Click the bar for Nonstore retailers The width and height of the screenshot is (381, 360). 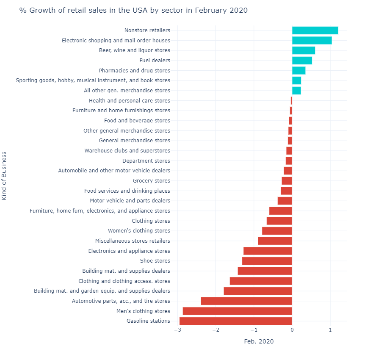point(315,30)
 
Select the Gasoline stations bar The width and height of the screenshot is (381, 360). point(236,321)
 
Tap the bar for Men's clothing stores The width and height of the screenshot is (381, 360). point(237,311)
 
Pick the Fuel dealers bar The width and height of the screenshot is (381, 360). point(302,61)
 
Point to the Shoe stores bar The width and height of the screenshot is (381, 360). point(267,261)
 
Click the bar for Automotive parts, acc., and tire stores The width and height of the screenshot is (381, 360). point(246,301)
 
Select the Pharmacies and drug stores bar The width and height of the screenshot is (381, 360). point(298,71)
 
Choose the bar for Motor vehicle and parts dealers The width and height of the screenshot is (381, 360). point(285,201)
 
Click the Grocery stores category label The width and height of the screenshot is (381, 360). point(151,181)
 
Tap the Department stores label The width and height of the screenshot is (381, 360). point(146,161)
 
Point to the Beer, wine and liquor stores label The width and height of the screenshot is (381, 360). point(134,50)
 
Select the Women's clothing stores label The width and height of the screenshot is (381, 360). point(139,231)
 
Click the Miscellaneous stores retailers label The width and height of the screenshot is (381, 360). point(133,241)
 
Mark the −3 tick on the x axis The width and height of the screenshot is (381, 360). point(177,330)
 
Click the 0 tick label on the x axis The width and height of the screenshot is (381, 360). point(292,330)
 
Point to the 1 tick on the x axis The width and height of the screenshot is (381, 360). point(330,330)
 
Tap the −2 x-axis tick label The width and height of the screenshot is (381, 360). point(215,330)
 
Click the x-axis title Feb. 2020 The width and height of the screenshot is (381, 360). point(259,341)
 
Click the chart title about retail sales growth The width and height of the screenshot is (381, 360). point(133,10)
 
